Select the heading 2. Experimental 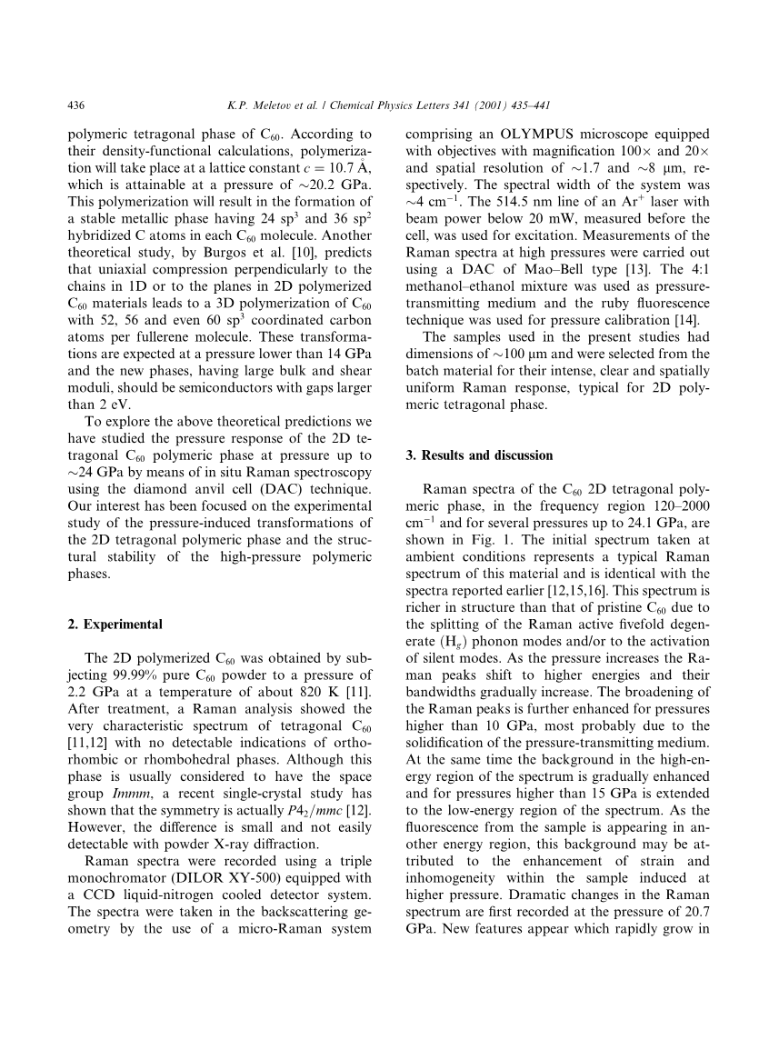(x=115, y=625)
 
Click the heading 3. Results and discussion (x=478, y=455)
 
